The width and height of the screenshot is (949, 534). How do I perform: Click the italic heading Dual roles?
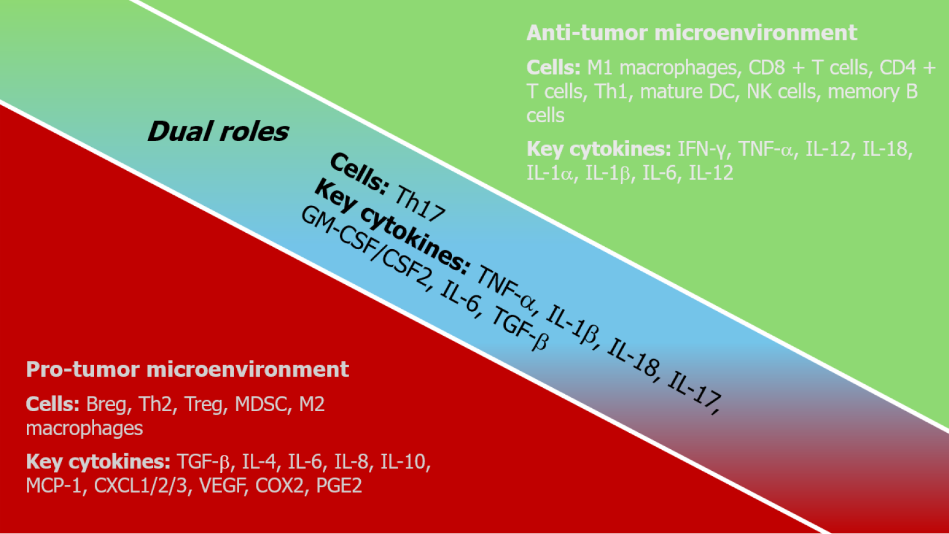click(218, 132)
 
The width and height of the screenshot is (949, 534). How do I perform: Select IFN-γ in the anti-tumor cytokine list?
click(705, 149)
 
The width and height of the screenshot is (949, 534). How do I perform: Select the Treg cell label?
click(205, 404)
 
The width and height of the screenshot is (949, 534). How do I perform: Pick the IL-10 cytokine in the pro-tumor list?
click(405, 461)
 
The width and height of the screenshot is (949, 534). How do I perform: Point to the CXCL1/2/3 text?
click(140, 485)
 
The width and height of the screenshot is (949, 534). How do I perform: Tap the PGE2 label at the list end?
click(339, 485)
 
